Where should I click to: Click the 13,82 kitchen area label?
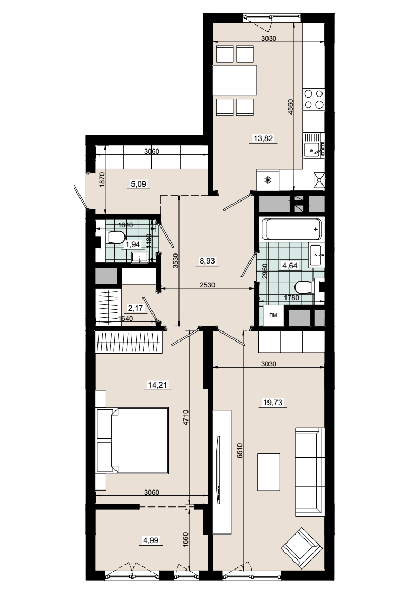(x=264, y=138)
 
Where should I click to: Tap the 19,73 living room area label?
(x=273, y=402)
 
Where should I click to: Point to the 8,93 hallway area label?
(x=207, y=261)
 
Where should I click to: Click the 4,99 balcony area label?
(x=151, y=540)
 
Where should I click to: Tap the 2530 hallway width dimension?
(x=207, y=285)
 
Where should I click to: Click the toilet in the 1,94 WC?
(x=116, y=238)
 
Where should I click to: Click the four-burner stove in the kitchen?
(x=314, y=99)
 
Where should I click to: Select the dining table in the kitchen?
(x=235, y=81)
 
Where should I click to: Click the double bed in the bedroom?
(x=132, y=441)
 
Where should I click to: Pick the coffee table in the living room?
(x=269, y=471)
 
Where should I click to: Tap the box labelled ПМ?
(x=273, y=315)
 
